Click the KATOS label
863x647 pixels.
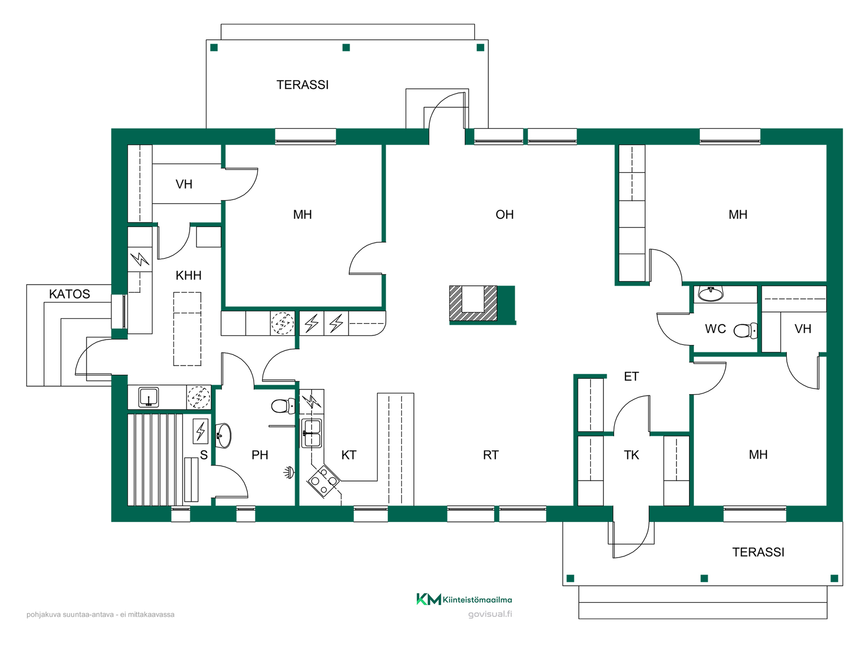tap(70, 294)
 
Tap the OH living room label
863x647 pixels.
tap(504, 215)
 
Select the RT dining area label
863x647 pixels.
tap(490, 455)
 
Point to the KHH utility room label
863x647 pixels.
tap(188, 275)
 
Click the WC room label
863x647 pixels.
tap(715, 329)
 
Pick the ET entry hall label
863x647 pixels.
tap(631, 377)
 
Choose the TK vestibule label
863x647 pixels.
tap(631, 455)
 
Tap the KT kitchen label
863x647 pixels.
tap(349, 455)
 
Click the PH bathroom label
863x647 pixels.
tap(260, 455)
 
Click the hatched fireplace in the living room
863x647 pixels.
tap(473, 303)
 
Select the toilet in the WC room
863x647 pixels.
tap(745, 331)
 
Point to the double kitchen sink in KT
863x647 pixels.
tap(311, 433)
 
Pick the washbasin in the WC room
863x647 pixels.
tap(711, 294)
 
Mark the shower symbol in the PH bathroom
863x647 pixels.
tap(289, 472)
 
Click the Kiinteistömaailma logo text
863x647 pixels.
tap(477, 600)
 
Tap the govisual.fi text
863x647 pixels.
tap(490, 614)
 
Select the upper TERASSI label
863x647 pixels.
tap(302, 85)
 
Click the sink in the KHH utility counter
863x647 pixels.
tap(148, 397)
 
